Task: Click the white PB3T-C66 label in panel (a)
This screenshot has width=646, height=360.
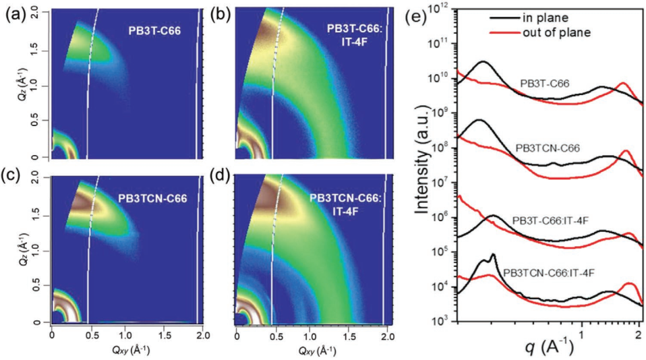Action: tap(155, 30)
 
